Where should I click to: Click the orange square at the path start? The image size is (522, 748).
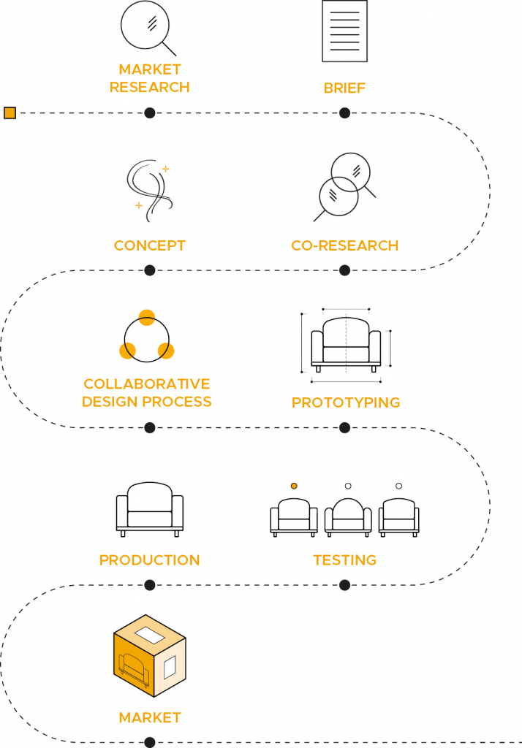(10, 112)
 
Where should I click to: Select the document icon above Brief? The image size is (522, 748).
(344, 31)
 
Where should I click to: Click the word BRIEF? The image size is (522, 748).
(344, 88)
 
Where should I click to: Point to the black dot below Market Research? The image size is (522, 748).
(150, 112)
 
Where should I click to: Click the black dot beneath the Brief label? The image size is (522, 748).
(344, 112)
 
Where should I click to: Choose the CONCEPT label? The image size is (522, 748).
(150, 245)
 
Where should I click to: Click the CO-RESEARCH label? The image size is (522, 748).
(344, 245)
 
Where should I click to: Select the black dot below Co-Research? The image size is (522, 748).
(344, 270)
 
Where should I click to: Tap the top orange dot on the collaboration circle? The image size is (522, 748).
(147, 317)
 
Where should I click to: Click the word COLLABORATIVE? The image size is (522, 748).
(147, 383)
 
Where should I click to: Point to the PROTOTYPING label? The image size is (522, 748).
(346, 402)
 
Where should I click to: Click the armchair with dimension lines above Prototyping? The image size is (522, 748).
(346, 343)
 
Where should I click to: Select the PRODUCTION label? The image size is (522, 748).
(150, 560)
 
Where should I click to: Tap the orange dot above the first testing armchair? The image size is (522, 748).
(294, 485)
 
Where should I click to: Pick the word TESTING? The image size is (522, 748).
(344, 560)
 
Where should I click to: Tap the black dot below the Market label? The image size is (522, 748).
(150, 742)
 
